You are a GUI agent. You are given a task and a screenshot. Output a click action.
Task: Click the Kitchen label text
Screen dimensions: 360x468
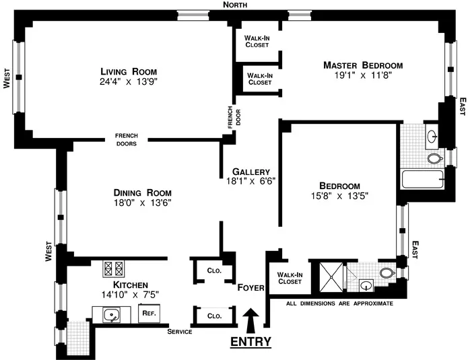121,285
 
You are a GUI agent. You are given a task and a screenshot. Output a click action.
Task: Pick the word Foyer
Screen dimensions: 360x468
250,287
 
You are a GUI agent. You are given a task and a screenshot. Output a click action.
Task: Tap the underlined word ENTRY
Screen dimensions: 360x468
250,342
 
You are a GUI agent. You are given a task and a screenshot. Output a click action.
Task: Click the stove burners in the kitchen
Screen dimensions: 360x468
110,269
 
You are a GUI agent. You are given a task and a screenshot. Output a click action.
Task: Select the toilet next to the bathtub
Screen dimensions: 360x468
434,158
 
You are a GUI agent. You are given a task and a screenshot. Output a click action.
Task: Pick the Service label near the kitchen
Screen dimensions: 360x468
180,332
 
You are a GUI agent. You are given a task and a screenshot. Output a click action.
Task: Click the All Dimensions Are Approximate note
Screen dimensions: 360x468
339,303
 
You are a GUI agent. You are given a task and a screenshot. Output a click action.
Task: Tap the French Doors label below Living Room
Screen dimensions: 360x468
127,139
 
